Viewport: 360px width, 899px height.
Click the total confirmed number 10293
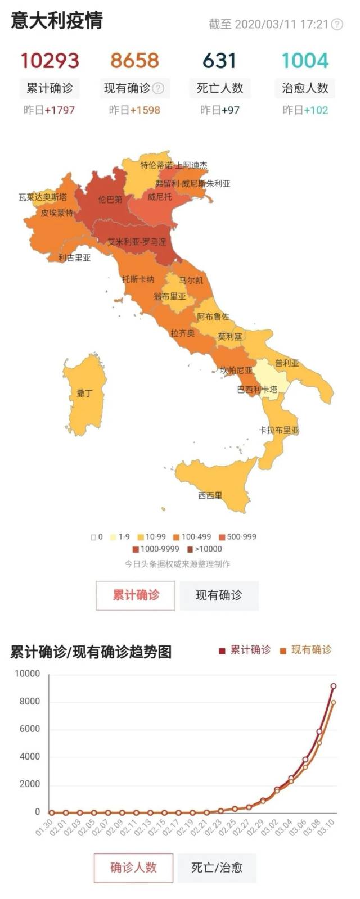click(49, 61)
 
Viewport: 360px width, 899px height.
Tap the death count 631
click(219, 61)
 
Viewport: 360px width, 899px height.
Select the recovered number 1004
click(304, 61)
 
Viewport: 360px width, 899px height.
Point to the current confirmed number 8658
click(134, 61)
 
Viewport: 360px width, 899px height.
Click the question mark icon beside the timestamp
click(337, 24)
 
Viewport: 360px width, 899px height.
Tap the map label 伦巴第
click(110, 199)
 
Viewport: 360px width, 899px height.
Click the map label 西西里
click(210, 495)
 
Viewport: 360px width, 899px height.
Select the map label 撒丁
click(84, 393)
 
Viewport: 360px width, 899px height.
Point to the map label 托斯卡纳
click(138, 279)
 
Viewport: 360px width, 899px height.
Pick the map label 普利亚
click(287, 363)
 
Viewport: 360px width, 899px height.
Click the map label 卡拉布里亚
click(279, 430)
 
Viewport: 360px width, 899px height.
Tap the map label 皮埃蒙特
click(57, 213)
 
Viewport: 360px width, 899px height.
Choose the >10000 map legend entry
click(205, 549)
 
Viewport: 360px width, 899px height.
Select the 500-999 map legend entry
click(237, 536)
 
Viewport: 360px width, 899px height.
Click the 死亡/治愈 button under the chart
click(217, 867)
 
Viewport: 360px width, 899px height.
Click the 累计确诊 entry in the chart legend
click(245, 650)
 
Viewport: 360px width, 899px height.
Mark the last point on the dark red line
click(334, 686)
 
